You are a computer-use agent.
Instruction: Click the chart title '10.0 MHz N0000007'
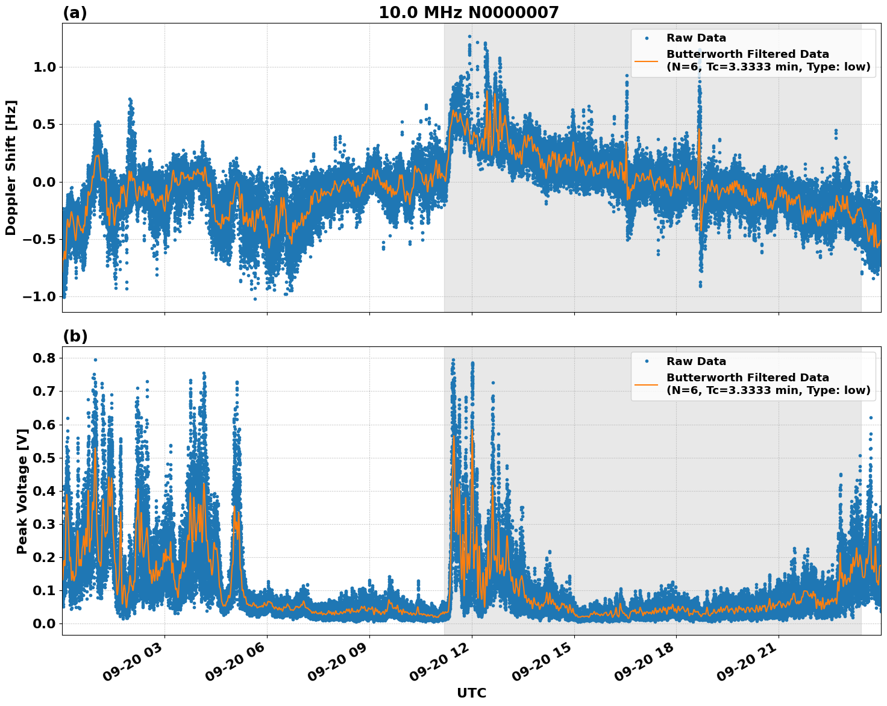468,12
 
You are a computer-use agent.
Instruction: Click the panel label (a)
75,13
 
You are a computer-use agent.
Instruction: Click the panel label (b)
75,336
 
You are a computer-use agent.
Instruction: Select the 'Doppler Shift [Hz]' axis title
11,167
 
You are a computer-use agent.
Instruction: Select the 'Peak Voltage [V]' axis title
22,492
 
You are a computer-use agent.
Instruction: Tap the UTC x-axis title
471,693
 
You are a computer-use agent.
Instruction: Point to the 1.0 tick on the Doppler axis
43,67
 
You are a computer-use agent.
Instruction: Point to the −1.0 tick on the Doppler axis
40,297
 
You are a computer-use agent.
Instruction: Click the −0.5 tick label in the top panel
40,240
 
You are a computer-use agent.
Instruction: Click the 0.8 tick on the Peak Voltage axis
43,358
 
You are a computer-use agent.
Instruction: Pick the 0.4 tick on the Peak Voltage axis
43,491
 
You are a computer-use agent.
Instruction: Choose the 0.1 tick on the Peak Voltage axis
43,590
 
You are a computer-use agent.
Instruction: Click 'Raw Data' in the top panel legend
696,38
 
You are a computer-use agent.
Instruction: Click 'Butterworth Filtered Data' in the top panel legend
747,54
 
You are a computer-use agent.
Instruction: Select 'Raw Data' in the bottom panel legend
696,361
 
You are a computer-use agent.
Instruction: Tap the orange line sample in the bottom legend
646,384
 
